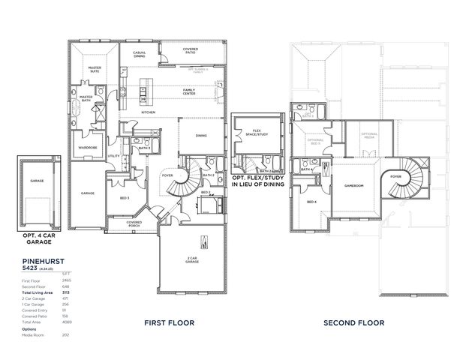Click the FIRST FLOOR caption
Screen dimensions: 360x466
tap(169, 322)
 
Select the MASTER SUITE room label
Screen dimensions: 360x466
tap(95, 69)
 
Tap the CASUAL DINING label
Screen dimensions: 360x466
tap(139, 54)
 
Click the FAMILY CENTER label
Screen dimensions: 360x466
tap(189, 91)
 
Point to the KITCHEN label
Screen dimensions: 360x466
tap(148, 112)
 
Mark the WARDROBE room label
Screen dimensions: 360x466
tap(88, 148)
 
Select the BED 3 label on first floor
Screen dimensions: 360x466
tap(125, 198)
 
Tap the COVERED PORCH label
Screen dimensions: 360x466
tap(134, 223)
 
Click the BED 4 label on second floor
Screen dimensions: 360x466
tap(311, 202)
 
